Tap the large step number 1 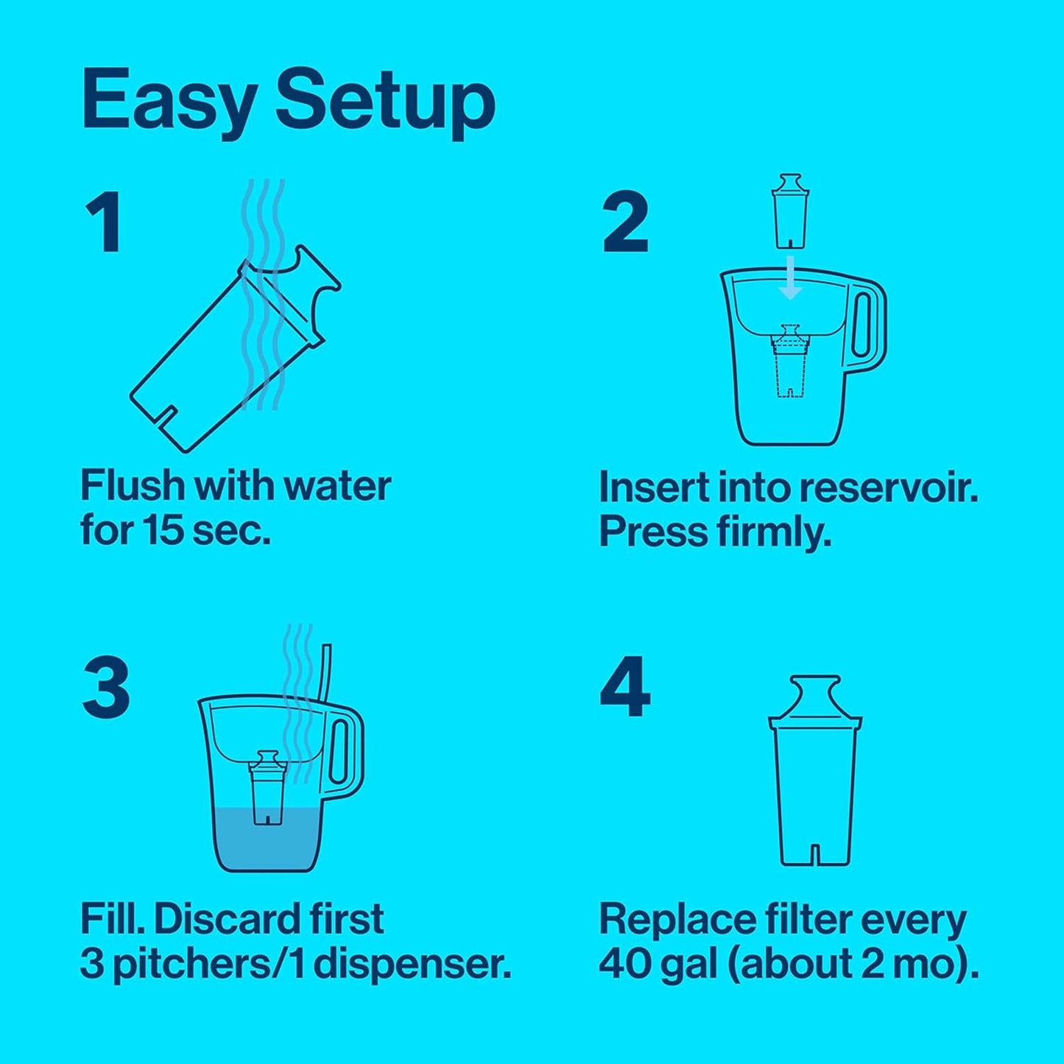tap(104, 222)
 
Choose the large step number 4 tap(625, 686)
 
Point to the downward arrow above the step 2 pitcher tap(791, 277)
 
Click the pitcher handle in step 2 tap(865, 325)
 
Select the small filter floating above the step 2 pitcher tap(790, 219)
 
